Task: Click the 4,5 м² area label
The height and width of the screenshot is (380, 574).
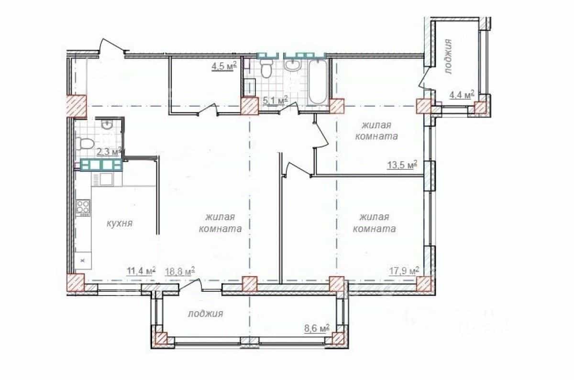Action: [224, 66]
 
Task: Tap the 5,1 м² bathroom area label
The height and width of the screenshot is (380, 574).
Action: [276, 100]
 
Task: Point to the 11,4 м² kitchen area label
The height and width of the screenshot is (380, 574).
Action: [141, 271]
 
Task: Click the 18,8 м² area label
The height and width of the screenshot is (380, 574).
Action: [180, 271]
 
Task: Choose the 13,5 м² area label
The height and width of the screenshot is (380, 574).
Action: [402, 165]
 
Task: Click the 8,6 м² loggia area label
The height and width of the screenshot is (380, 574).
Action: [317, 328]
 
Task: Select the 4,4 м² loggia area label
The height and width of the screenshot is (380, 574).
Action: [462, 95]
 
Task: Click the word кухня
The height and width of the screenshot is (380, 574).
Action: [120, 223]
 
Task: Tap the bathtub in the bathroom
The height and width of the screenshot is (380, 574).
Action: [318, 82]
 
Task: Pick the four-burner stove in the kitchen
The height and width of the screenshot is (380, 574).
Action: [83, 207]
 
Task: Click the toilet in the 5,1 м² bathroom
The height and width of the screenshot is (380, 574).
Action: [266, 68]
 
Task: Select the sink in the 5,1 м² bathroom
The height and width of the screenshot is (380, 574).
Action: [292, 65]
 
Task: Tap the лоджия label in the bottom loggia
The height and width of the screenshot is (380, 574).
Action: [206, 313]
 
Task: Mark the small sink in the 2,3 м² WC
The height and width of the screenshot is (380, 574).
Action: [106, 124]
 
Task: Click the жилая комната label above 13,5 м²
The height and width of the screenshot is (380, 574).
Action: [376, 131]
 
